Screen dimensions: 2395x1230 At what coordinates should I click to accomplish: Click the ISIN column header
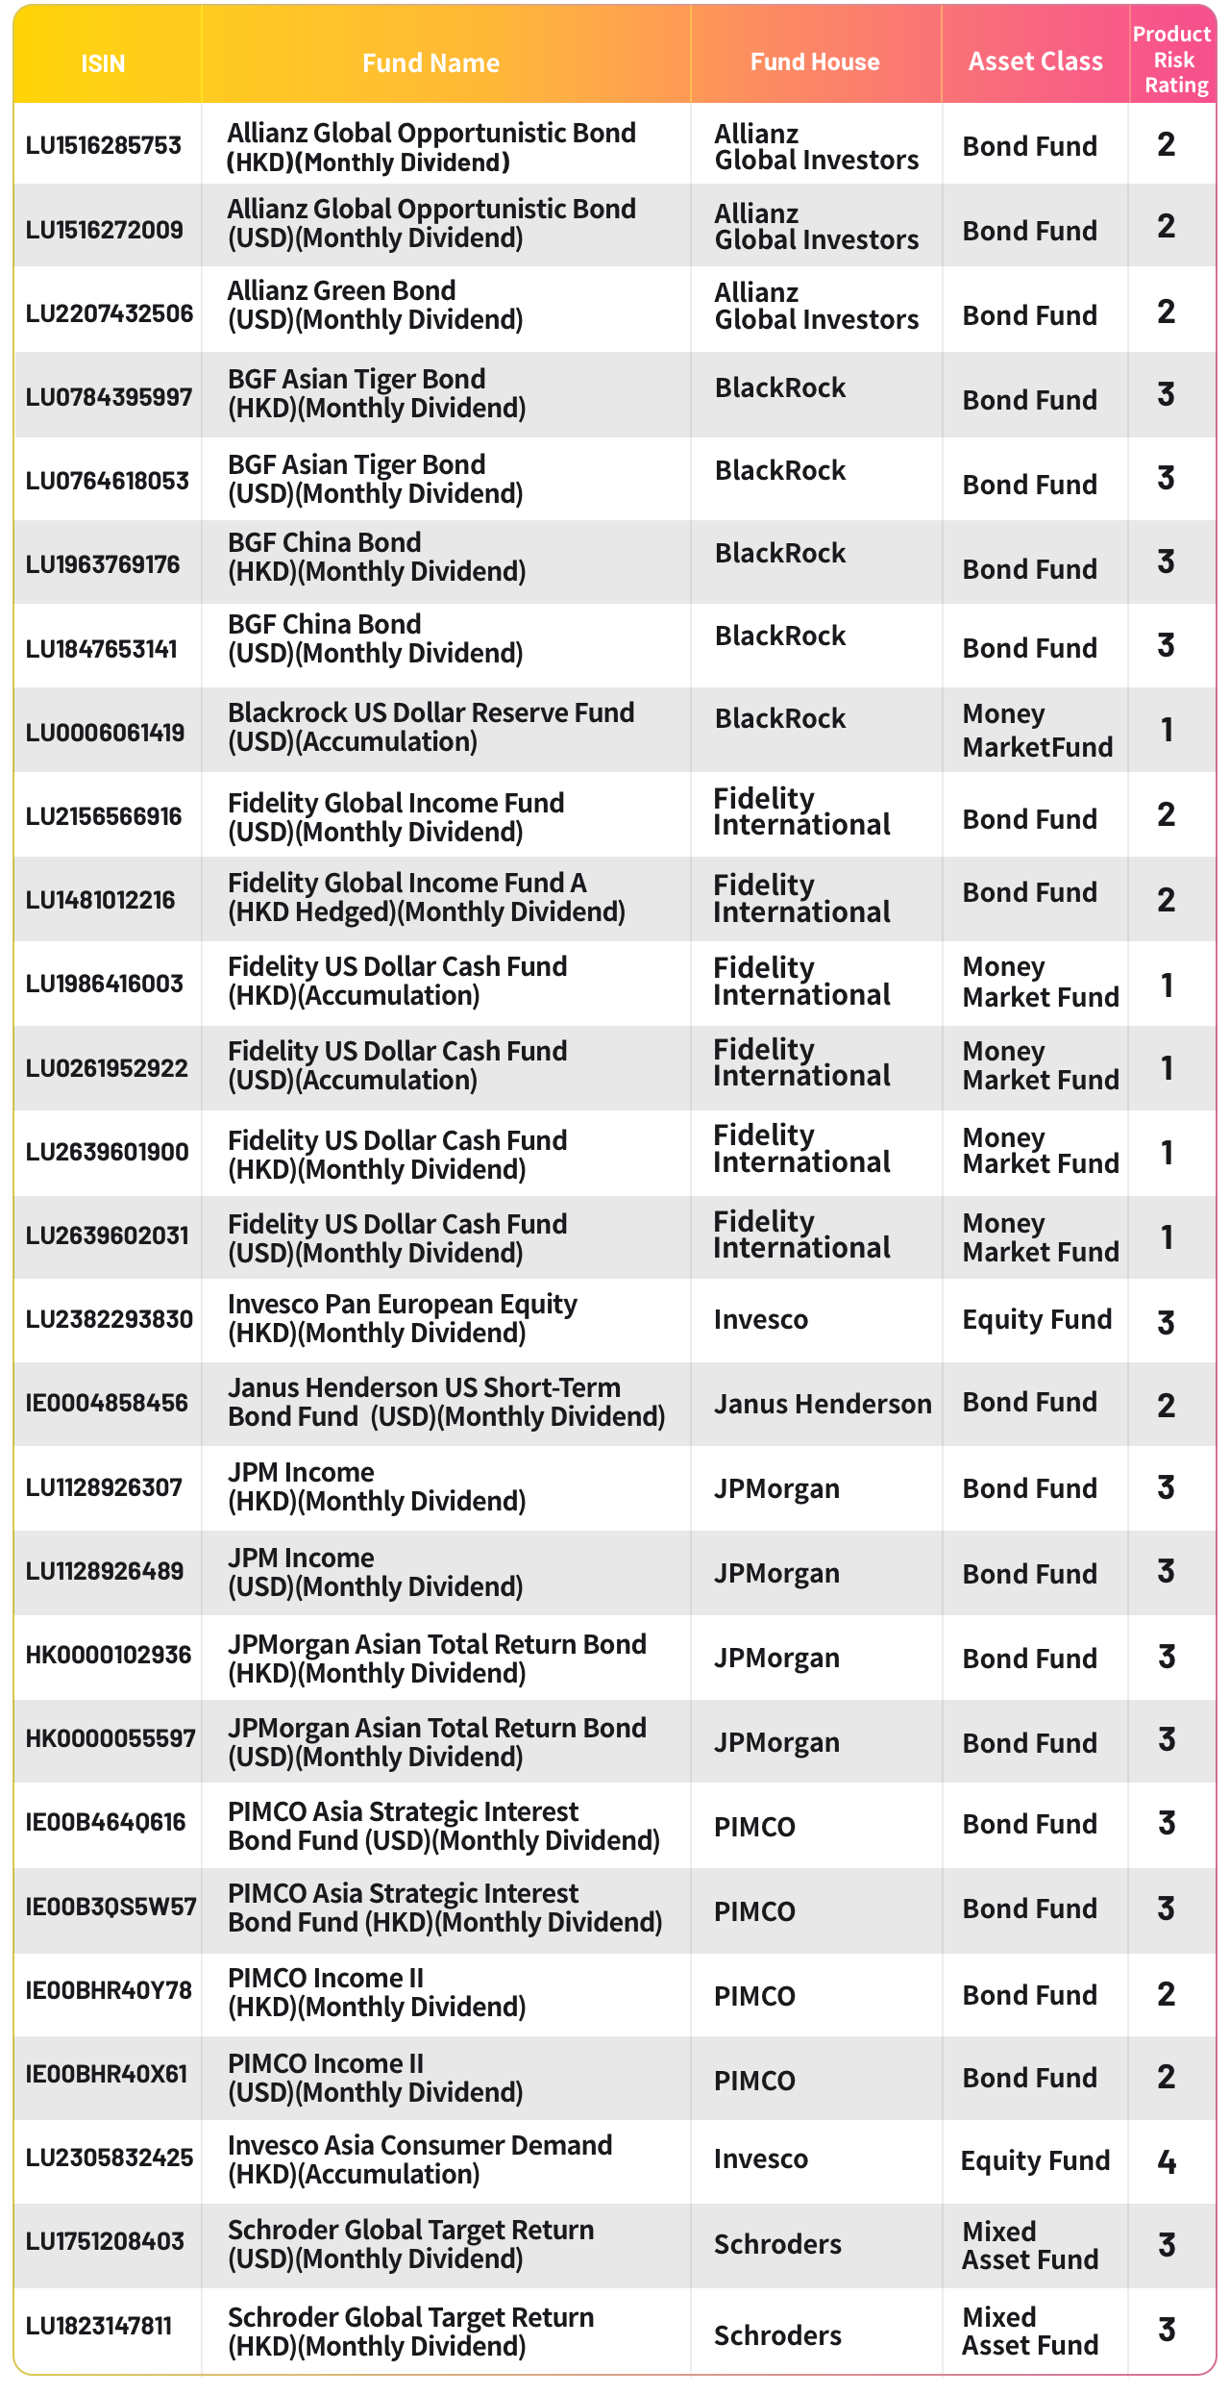(103, 63)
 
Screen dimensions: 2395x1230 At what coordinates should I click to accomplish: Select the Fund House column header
(815, 62)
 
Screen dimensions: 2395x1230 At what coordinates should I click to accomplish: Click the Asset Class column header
(1035, 62)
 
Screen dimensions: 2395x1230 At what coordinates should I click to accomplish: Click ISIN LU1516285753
(104, 145)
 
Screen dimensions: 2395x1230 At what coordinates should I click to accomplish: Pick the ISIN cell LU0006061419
(105, 733)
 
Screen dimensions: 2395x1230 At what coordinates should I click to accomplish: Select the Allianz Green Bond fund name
(376, 305)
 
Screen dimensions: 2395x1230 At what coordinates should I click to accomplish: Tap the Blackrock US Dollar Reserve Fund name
(430, 727)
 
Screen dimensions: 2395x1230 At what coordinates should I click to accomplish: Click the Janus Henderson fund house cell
(822, 1405)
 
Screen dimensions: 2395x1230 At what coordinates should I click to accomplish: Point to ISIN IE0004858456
(107, 1403)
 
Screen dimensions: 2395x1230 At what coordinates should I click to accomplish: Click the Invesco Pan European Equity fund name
(402, 1318)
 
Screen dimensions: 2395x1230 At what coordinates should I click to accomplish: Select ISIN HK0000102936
(108, 1655)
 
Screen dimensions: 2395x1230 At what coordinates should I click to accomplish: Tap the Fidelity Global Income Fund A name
(426, 897)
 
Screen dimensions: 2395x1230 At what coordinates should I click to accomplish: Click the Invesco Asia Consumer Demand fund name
(420, 2159)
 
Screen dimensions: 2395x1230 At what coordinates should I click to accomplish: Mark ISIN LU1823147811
(99, 2327)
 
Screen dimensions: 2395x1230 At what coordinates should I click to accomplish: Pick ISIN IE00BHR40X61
(107, 2075)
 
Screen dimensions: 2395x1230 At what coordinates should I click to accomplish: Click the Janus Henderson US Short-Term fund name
(446, 1402)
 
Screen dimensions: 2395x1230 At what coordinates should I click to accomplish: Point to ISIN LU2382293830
(109, 1319)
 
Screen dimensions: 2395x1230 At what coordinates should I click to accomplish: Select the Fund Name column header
(430, 63)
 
